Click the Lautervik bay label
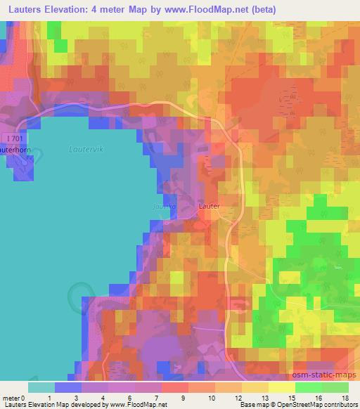click(86, 149)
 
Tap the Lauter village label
click(210, 207)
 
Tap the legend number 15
click(292, 398)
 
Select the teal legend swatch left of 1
click(41, 387)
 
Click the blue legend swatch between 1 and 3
click(67, 387)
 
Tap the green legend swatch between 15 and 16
click(308, 387)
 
